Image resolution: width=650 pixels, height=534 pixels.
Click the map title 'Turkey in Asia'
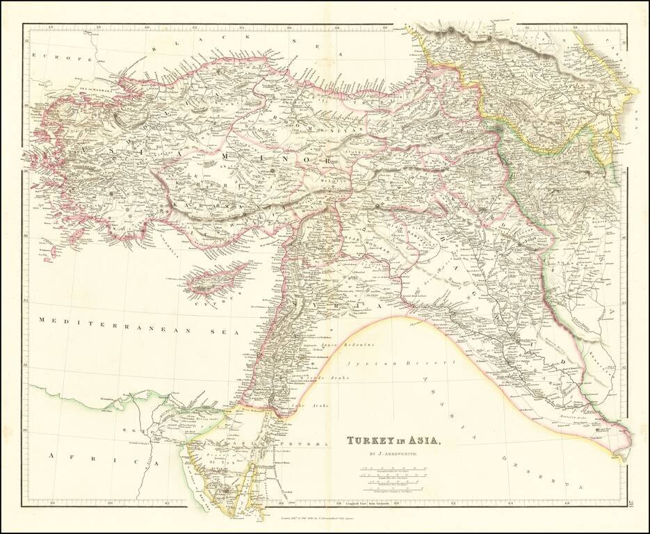coord(393,440)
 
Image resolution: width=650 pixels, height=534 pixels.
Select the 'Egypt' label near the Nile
coord(136,432)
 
